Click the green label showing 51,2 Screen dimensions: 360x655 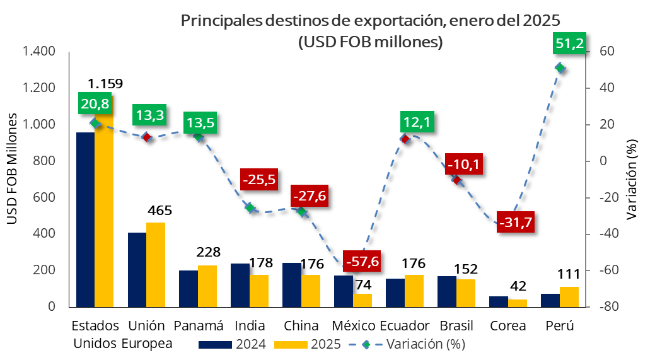tap(570, 44)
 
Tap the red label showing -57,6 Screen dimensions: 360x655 tap(362, 261)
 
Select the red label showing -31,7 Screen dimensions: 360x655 tap(515, 222)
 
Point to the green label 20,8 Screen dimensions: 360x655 tap(95, 103)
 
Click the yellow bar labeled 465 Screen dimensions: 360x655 tap(156, 264)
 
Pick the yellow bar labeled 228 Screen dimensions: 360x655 tap(207, 286)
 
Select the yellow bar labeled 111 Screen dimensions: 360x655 tap(569, 296)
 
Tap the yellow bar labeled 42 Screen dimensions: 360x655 tap(517, 303)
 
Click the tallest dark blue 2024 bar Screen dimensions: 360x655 tap(85, 219)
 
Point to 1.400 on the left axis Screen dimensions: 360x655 tap(39, 52)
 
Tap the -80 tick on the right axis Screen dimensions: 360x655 tap(600, 306)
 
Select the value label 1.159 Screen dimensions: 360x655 tap(105, 83)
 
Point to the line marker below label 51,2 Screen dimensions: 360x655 tap(559, 67)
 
